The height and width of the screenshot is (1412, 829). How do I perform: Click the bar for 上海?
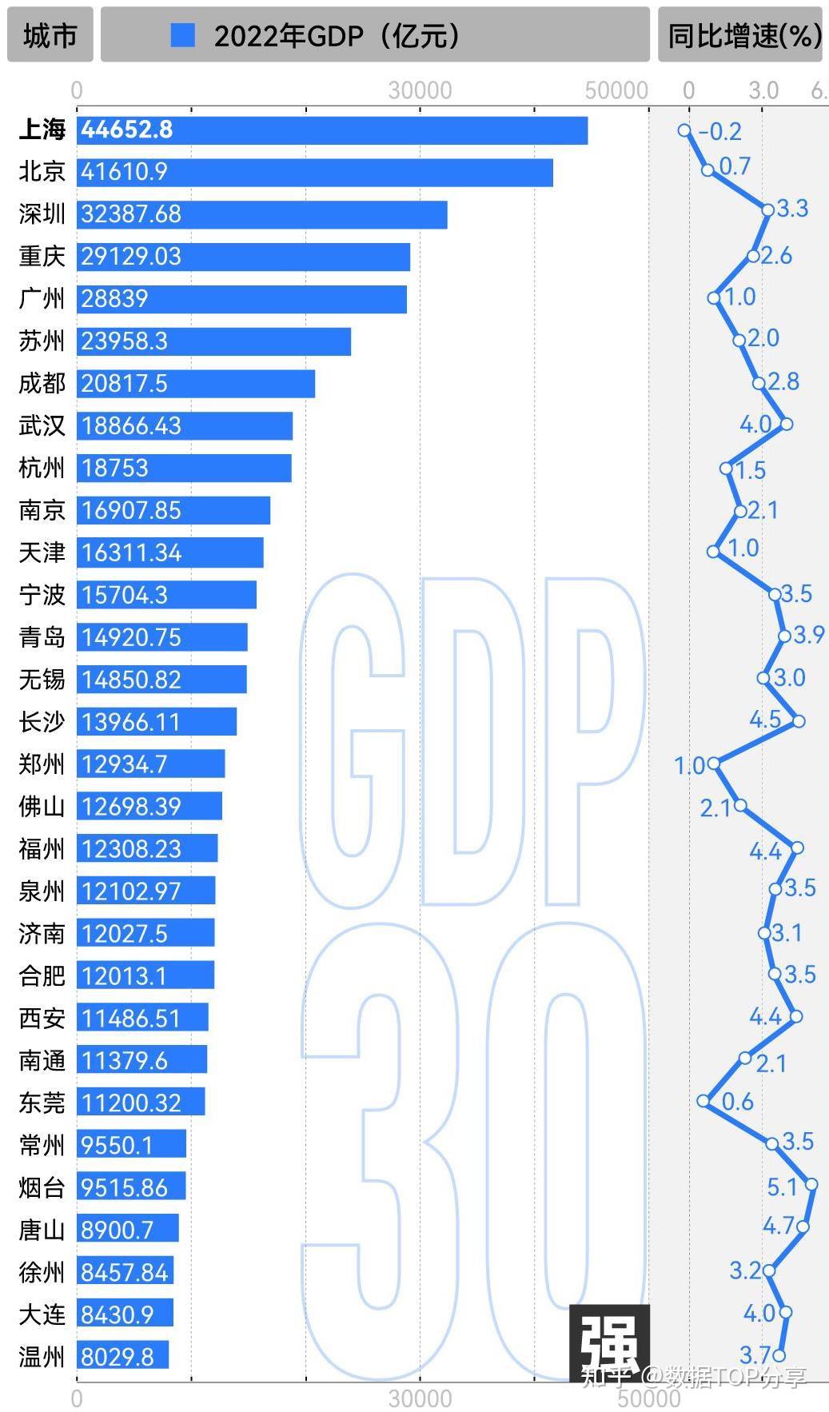332,130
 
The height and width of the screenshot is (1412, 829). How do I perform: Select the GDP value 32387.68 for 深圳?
131,214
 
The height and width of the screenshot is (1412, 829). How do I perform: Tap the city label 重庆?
42,257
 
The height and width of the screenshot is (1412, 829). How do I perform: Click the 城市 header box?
50,35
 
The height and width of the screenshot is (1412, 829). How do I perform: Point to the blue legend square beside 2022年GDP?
183,35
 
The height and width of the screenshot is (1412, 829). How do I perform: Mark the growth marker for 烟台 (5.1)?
811,1184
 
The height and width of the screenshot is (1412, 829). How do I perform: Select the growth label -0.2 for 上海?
720,131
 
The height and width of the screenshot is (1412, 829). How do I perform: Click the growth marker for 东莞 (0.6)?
703,1101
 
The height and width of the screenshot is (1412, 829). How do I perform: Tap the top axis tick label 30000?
420,90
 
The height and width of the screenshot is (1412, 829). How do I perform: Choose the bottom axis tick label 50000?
648,1398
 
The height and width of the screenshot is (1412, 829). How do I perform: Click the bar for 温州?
122,1355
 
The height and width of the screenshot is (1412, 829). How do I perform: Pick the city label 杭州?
42,468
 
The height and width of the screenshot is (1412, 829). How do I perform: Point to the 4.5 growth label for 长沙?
765,719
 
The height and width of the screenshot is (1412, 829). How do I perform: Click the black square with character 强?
609,1344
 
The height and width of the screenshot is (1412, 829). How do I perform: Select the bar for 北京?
315,172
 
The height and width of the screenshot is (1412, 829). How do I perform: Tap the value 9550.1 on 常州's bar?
117,1145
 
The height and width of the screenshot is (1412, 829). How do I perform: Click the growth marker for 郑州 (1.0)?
714,764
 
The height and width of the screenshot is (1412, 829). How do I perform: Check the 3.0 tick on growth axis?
763,90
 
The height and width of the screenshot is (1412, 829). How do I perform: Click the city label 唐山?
42,1230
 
